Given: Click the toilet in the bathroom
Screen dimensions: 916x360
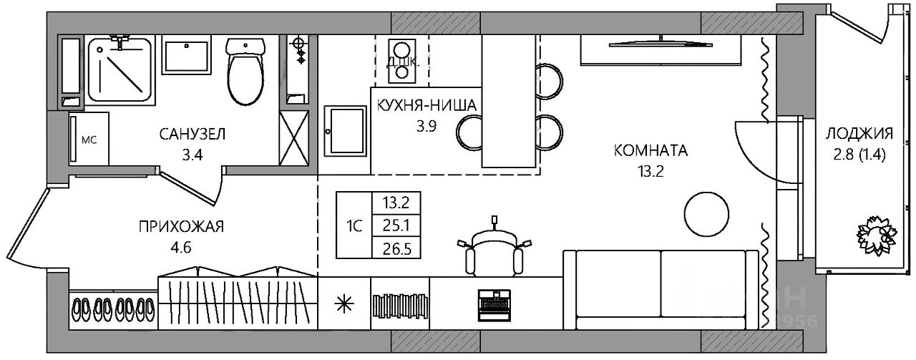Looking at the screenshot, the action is [246, 72].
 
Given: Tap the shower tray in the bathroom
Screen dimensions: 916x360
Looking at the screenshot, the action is [120, 69].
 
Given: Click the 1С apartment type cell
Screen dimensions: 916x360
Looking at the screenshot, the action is [354, 225].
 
